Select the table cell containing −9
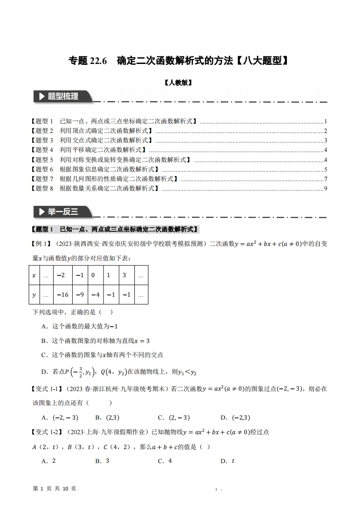(x=79, y=295)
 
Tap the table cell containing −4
(x=94, y=295)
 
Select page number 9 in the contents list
(x=325, y=188)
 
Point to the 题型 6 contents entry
(x=91, y=169)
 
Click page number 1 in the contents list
(x=325, y=122)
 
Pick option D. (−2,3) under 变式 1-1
(x=235, y=418)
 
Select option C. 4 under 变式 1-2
(x=164, y=461)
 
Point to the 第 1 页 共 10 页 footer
(x=55, y=488)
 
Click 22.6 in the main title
(x=97, y=60)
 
